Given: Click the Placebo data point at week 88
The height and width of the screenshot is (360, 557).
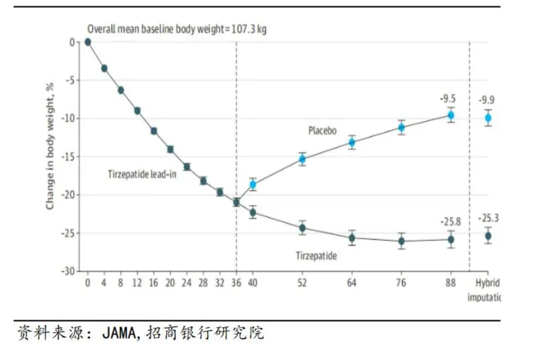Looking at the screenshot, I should click(451, 115).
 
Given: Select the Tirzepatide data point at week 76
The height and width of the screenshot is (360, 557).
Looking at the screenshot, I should click(401, 241).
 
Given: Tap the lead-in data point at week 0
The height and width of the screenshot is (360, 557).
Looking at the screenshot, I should click(88, 42).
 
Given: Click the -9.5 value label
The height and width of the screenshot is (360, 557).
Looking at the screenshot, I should click(448, 98).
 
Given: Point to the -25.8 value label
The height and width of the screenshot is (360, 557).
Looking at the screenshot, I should click(451, 222).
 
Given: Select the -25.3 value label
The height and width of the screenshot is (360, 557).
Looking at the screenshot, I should click(490, 218).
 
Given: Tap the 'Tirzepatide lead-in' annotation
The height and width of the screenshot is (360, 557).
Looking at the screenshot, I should click(142, 174).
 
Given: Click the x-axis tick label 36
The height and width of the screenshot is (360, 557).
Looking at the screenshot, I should click(236, 282).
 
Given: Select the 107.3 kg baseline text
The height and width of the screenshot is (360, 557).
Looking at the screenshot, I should click(248, 29).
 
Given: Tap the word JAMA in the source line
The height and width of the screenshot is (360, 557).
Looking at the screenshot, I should click(117, 333).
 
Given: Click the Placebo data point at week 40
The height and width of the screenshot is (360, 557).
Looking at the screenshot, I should click(253, 185).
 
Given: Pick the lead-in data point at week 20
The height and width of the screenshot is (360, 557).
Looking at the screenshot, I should click(170, 149).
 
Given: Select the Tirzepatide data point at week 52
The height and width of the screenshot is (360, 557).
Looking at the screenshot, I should click(303, 228).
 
